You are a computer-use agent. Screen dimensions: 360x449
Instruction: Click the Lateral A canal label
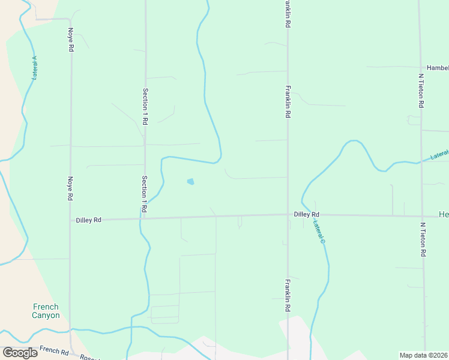click(34, 68)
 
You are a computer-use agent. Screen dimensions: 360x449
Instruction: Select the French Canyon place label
click(46, 311)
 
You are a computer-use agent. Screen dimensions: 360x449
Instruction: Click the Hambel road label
click(437, 68)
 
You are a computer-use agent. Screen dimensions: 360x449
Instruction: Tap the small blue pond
click(191, 181)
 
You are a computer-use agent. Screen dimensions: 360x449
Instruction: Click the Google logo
click(20, 353)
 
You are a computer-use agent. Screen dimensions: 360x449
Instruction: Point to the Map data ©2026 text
click(424, 355)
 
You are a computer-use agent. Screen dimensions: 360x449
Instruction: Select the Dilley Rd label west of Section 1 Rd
click(89, 220)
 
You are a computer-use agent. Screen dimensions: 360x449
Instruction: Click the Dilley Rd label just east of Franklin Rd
click(306, 214)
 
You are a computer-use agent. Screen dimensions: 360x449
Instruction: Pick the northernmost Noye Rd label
click(71, 39)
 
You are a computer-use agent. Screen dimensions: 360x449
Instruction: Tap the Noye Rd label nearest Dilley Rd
click(70, 188)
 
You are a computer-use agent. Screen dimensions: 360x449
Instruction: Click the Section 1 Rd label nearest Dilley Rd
click(144, 193)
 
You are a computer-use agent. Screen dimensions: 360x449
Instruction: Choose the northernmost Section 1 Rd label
click(145, 106)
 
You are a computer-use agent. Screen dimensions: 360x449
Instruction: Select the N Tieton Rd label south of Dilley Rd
click(423, 239)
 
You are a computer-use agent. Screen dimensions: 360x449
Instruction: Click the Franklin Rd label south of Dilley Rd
click(288, 295)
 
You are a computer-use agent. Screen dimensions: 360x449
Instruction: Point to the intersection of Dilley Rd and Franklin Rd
click(288, 215)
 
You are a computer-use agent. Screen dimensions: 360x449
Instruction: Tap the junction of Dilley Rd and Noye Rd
click(70, 220)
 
